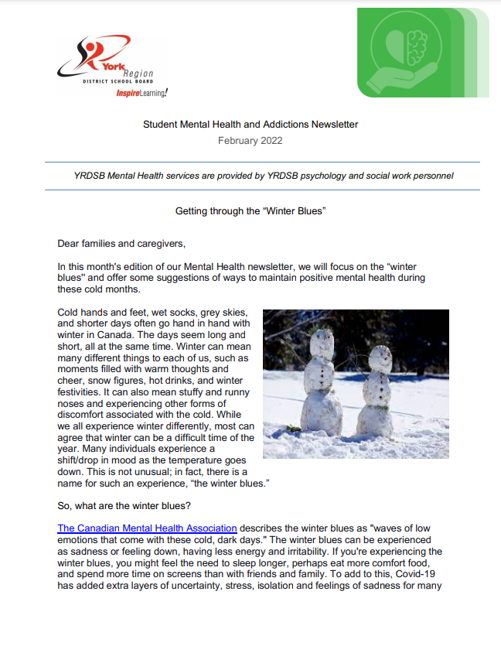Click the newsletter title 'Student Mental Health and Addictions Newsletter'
pos(250,124)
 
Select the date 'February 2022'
pos(250,141)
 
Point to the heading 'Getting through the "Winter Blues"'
pos(250,210)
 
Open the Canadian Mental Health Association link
pos(147,528)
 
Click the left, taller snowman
pos(321,383)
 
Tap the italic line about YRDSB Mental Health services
pos(259,176)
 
